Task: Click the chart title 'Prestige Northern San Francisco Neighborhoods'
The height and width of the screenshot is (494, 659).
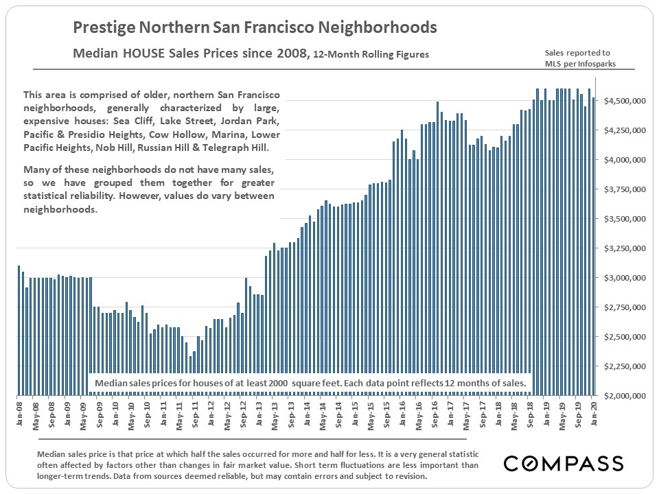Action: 255,27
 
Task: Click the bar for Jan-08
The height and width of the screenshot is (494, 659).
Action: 19,330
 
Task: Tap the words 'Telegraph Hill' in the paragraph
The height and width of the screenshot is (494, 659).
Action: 246,148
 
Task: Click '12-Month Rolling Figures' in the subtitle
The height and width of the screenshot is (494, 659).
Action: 371,54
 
